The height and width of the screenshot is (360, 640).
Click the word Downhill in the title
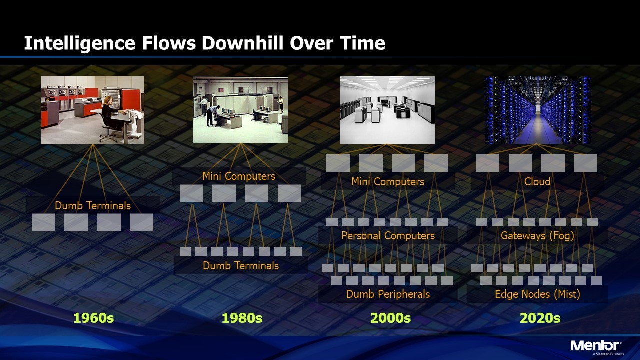pyautogui.click(x=242, y=43)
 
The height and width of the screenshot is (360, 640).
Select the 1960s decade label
pyautogui.click(x=93, y=318)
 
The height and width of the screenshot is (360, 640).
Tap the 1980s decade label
pyautogui.click(x=242, y=318)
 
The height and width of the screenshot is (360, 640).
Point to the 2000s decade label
pyautogui.click(x=390, y=318)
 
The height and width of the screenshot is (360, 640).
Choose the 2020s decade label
pyautogui.click(x=540, y=318)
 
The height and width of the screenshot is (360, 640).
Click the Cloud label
pyautogui.click(x=537, y=181)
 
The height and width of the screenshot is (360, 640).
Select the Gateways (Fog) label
pyautogui.click(x=537, y=236)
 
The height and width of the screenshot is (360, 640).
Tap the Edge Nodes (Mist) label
pyautogui.click(x=537, y=294)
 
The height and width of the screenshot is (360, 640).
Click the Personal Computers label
pyautogui.click(x=388, y=236)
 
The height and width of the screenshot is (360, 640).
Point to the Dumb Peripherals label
pyautogui.click(x=388, y=294)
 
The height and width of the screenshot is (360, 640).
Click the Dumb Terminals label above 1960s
pyautogui.click(x=93, y=205)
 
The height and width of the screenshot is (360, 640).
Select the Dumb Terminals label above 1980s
pyautogui.click(x=241, y=265)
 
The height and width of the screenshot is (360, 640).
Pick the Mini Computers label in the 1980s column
pyautogui.click(x=239, y=176)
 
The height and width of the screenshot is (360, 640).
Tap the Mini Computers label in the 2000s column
pyautogui.click(x=387, y=182)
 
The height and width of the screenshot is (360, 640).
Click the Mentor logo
pyautogui.click(x=596, y=347)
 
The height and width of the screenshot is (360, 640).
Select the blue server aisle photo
pyautogui.click(x=538, y=110)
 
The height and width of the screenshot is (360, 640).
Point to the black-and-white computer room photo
pyautogui.click(x=387, y=110)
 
